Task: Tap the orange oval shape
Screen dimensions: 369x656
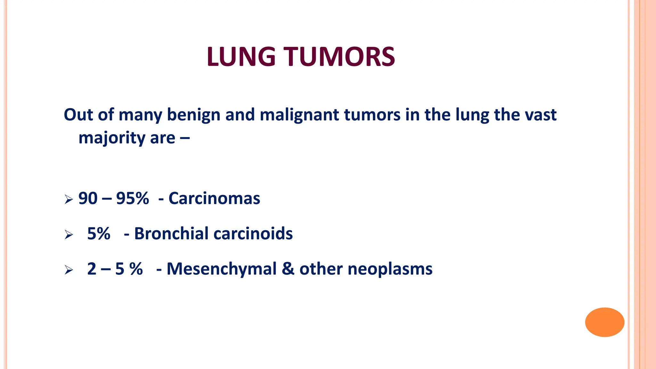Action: click(604, 322)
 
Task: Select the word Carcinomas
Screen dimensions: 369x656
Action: click(214, 198)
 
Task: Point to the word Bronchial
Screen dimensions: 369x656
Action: click(171, 234)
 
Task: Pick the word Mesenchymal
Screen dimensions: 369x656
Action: click(221, 269)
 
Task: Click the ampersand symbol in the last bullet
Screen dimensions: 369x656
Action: click(288, 269)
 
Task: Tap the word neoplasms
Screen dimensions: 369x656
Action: click(390, 269)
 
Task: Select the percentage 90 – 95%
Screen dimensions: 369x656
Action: click(113, 198)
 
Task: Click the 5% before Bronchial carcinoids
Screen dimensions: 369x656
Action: click(99, 234)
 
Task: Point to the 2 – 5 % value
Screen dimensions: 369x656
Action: click(115, 269)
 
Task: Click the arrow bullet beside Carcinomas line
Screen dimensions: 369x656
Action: click(69, 200)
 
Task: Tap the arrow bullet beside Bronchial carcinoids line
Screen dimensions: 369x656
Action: click(69, 235)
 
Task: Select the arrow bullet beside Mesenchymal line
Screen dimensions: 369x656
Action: click(69, 270)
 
